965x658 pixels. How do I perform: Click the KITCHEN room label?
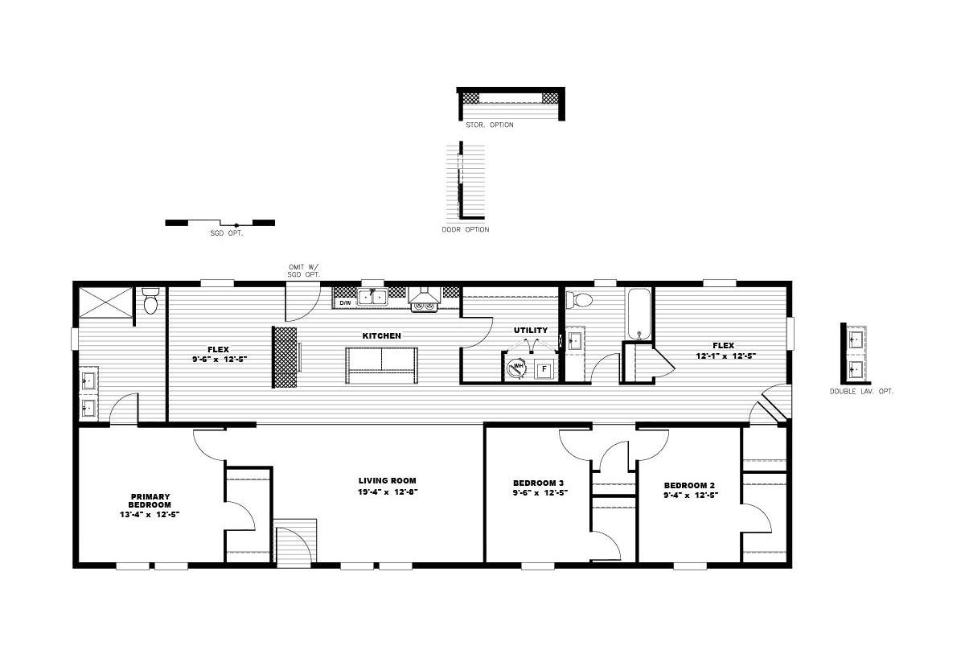pyautogui.click(x=381, y=335)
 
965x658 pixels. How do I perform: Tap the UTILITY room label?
pyautogui.click(x=530, y=330)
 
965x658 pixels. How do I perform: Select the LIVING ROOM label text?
pyautogui.click(x=388, y=480)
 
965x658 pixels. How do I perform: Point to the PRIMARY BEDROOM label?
pyautogui.click(x=150, y=500)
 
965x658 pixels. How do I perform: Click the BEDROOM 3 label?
pyautogui.click(x=538, y=483)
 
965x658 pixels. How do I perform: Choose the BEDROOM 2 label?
pyautogui.click(x=689, y=485)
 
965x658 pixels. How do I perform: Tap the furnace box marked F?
pyautogui.click(x=544, y=369)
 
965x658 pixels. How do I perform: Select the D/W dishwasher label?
pyautogui.click(x=346, y=303)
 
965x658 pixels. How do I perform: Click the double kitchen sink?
pyautogui.click(x=372, y=297)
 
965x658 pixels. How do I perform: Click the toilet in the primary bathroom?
pyautogui.click(x=150, y=301)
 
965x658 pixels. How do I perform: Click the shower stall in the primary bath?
pyautogui.click(x=106, y=302)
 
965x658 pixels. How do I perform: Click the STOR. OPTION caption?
pyautogui.click(x=490, y=125)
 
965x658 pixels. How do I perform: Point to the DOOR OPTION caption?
pyautogui.click(x=466, y=230)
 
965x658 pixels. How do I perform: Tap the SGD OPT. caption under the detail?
pyautogui.click(x=227, y=233)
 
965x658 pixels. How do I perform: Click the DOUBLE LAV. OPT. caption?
pyautogui.click(x=861, y=392)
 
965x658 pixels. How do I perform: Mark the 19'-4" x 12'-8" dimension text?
pyautogui.click(x=388, y=491)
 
